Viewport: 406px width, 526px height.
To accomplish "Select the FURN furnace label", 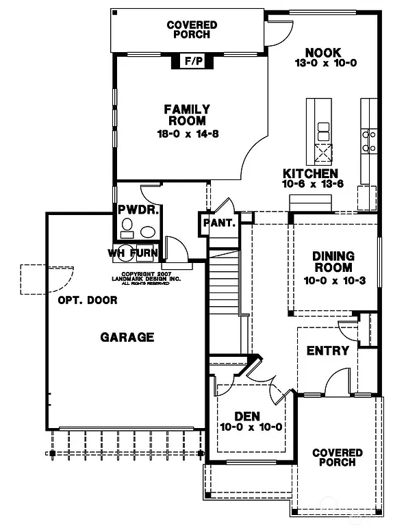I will point(149,253).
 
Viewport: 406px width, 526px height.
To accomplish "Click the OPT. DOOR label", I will point(87,300).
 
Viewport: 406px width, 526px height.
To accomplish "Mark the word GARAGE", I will point(127,337).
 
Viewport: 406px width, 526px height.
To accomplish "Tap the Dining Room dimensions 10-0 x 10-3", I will point(333,280).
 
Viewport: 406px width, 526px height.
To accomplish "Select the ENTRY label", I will point(327,351).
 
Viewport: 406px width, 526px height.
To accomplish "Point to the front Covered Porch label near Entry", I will point(337,457).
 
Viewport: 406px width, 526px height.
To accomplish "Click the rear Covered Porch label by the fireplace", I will point(192,29).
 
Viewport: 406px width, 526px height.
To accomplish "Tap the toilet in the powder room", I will point(127,225).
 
